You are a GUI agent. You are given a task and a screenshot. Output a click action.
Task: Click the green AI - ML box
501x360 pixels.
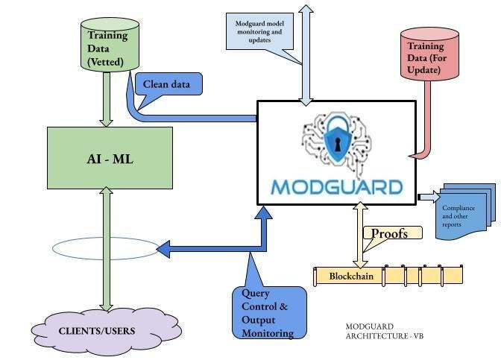[x=110, y=158]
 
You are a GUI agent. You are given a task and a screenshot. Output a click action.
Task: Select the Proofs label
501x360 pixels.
[x=390, y=233]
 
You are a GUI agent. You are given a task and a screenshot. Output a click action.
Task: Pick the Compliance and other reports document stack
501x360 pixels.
[x=464, y=213]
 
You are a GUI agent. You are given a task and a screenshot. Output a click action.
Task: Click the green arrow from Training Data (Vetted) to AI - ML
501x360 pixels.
[x=107, y=99]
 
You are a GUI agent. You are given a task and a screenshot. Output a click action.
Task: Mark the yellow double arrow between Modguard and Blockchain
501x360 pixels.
[x=360, y=236]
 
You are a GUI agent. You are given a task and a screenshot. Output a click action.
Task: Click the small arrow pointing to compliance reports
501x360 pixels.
[x=429, y=197]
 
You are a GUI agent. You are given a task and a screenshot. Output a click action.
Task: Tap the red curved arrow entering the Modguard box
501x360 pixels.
[x=428, y=119]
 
